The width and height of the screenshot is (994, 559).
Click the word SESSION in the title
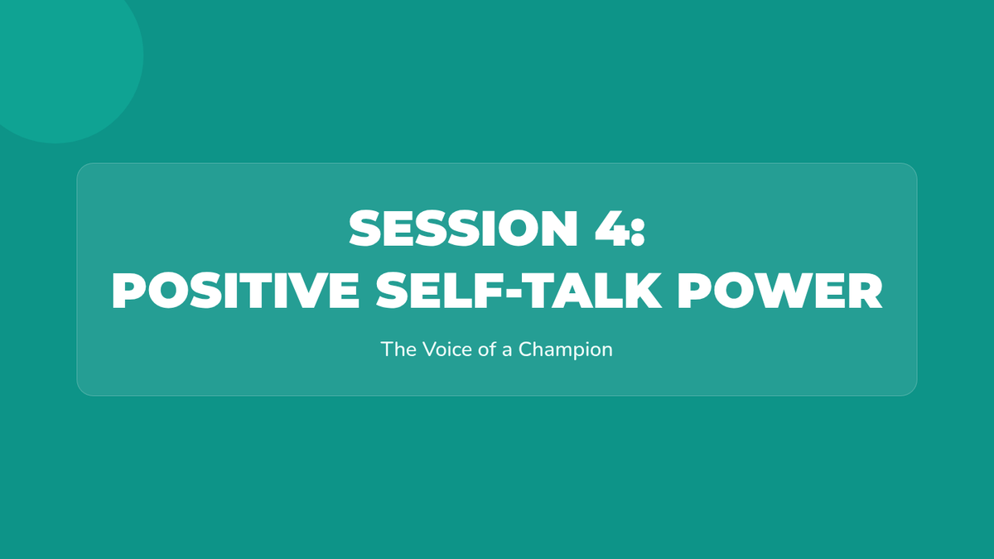pos(464,228)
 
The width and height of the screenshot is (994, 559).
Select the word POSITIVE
pos(235,290)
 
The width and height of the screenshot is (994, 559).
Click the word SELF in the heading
pos(441,290)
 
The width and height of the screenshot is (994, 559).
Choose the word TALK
pos(592,290)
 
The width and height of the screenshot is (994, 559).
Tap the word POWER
pos(780,290)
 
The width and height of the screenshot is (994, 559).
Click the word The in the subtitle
pos(398,349)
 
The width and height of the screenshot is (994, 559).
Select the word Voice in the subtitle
pos(447,349)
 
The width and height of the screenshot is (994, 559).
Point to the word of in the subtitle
pos(487,349)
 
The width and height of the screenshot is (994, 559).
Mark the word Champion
pos(566,350)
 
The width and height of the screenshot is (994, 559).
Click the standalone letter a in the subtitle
pos(507,351)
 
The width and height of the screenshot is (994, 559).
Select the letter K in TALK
pos(643,290)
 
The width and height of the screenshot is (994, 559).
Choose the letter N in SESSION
pos(560,228)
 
